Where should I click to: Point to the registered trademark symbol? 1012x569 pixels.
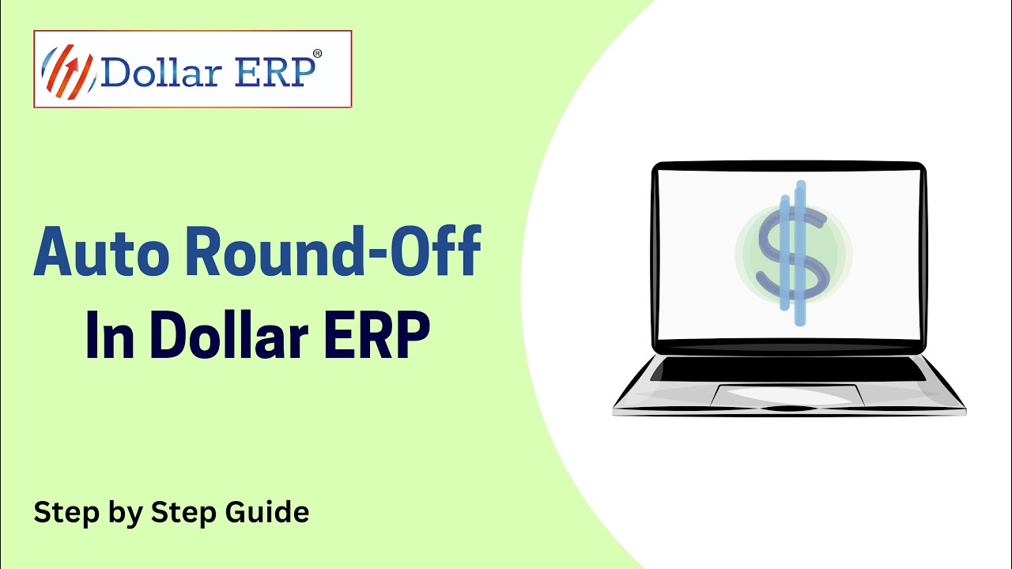[317, 54]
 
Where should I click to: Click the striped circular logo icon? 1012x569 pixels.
[67, 71]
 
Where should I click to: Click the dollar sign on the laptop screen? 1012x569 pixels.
[792, 253]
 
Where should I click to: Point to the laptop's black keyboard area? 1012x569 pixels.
[791, 369]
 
